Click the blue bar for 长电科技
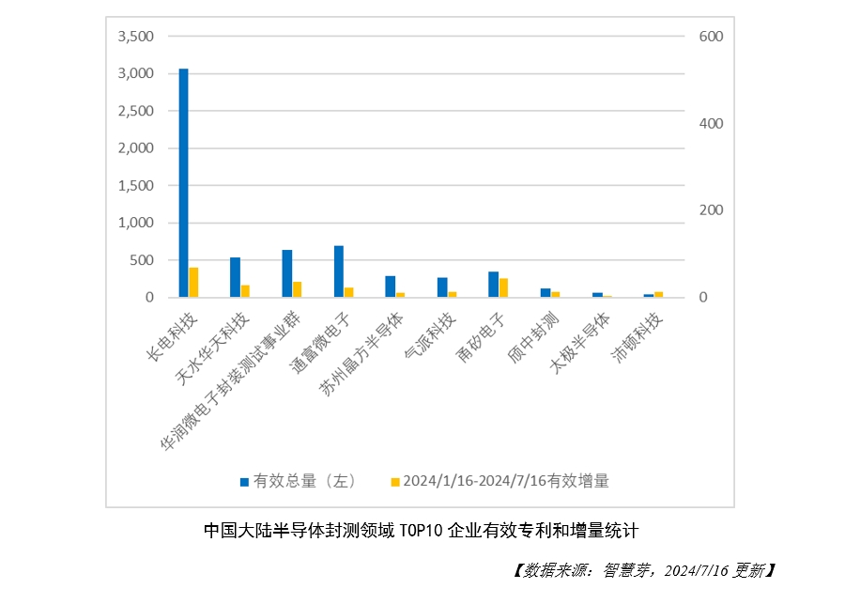pos(183,183)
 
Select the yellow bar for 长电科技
pos(193,283)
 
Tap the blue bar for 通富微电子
pos(338,271)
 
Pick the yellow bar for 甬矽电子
pos(503,287)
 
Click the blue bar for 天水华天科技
pos(235,277)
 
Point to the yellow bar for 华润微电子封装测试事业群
pos(297,289)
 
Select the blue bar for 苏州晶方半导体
pos(390,287)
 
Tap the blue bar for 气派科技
pos(441,287)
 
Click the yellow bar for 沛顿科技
pos(658,294)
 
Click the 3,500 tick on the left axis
pos(135,37)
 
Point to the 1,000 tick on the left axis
pos(135,223)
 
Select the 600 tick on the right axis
pos(711,37)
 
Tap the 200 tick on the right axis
pos(711,210)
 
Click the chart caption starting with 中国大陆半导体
pos(422,530)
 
